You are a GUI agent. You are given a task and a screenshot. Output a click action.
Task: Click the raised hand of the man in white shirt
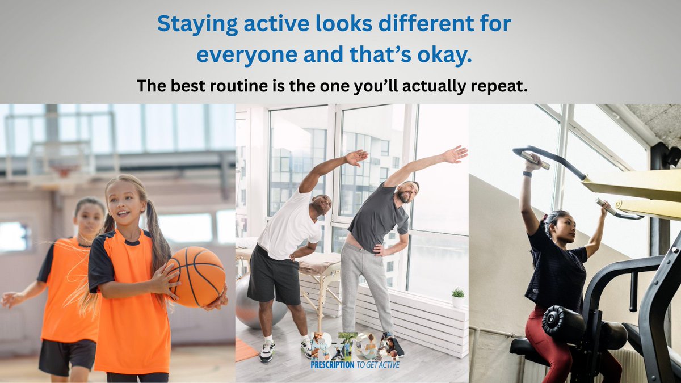[x=356, y=157]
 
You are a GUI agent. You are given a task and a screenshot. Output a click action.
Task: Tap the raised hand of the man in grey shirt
[x=456, y=154]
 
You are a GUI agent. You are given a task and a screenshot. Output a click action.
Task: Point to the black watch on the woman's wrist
[x=527, y=174]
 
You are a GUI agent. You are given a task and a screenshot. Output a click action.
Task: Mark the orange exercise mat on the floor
[x=245, y=350]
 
